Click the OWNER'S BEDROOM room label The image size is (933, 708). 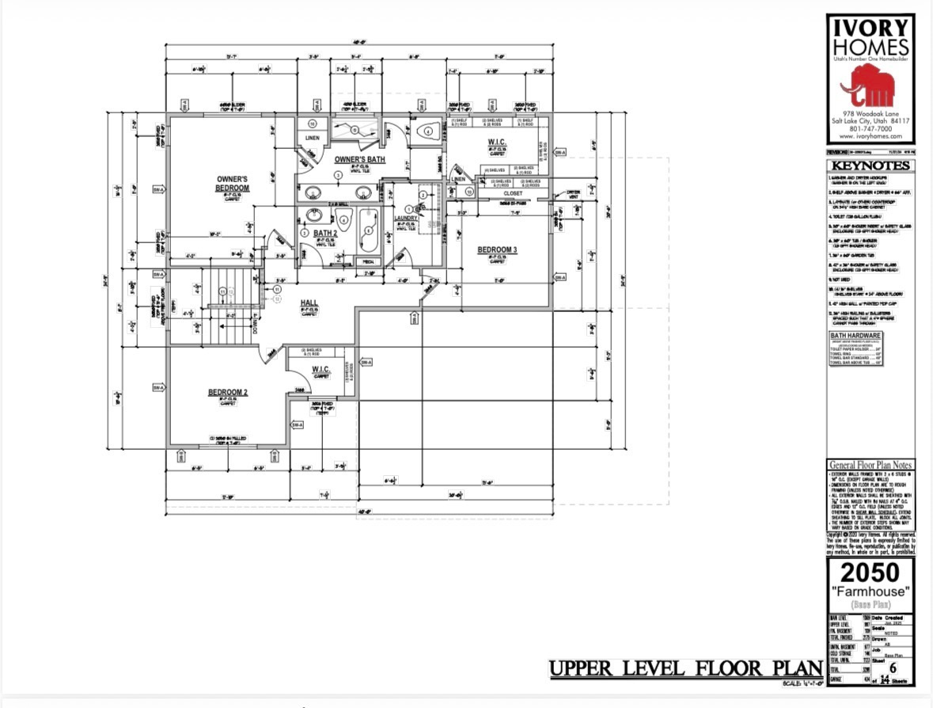233,184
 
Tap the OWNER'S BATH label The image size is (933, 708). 358,161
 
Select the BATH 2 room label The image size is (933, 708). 325,234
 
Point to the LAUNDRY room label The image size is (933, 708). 406,217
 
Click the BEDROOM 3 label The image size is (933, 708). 497,250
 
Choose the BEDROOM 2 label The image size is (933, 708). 228,393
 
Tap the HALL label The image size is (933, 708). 309,303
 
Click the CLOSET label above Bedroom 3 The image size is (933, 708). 513,192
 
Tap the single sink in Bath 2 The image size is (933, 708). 314,215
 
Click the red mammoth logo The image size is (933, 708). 869,86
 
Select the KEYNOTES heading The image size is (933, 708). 870,166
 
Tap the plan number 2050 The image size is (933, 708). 870,573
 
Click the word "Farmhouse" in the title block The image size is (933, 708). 870,592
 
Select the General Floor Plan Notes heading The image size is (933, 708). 870,465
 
